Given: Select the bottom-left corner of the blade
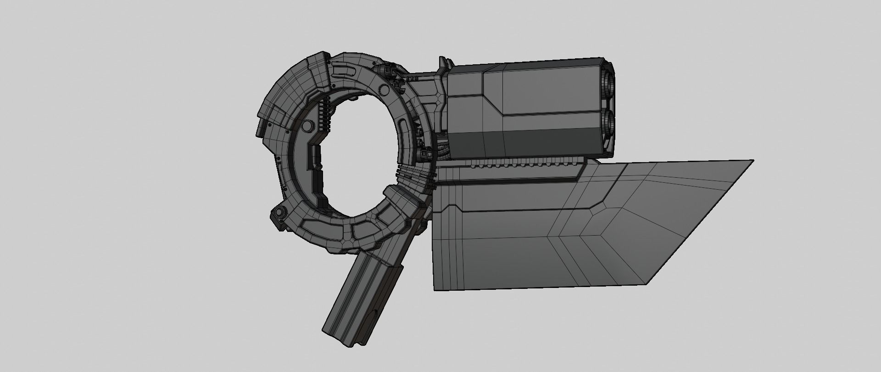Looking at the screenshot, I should (x=435, y=290).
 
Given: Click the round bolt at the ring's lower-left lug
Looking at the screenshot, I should (x=278, y=212).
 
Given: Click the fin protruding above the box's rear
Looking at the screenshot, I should (x=443, y=64).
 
